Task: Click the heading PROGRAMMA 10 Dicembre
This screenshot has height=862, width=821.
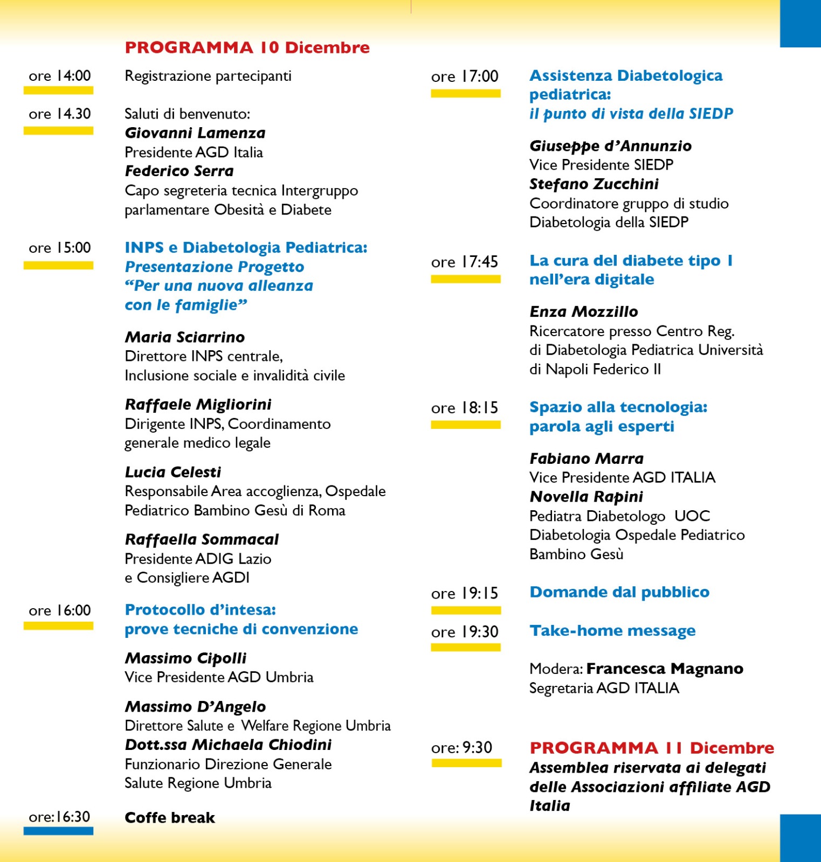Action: (x=247, y=47)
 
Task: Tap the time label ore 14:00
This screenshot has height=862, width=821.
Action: (x=60, y=76)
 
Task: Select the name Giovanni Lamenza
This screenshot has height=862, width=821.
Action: (x=195, y=133)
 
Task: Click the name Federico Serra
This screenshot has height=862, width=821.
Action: (x=179, y=171)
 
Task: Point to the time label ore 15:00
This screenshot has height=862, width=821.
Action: (x=60, y=248)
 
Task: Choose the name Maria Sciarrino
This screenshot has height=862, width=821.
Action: (x=185, y=337)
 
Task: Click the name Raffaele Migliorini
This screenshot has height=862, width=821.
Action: (x=198, y=405)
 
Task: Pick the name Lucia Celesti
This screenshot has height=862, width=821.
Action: (x=173, y=472)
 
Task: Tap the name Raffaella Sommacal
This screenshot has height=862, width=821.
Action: (x=202, y=539)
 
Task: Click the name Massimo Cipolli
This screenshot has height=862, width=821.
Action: (x=185, y=658)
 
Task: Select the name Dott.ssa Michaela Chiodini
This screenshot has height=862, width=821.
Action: (x=228, y=745)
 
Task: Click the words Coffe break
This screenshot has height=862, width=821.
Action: (x=170, y=818)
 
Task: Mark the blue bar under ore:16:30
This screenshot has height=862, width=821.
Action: (x=58, y=831)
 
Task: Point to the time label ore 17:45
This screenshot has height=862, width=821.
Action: (x=464, y=262)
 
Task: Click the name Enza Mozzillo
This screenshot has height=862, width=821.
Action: (x=584, y=312)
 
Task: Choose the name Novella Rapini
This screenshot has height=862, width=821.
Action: (x=586, y=497)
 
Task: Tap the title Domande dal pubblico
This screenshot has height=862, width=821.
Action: (x=619, y=592)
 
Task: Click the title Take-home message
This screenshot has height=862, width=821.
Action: (x=612, y=631)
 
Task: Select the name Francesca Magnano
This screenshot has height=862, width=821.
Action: (x=665, y=669)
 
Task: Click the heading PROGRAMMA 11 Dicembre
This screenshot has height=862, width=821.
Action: (x=652, y=748)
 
